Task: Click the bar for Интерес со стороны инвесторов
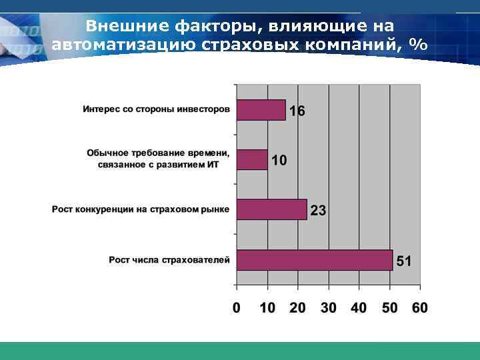[261, 109]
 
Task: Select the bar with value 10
[252, 159]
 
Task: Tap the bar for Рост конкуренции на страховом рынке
[271, 209]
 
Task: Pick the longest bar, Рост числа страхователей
[315, 259]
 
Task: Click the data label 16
[297, 111]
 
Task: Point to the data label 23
[318, 211]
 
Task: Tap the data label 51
[404, 261]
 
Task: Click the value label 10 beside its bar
[279, 161]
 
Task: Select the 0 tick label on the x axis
[236, 307]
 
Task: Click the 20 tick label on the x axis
[297, 307]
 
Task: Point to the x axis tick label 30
[328, 307]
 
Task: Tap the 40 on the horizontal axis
[359, 307]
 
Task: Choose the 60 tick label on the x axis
[419, 307]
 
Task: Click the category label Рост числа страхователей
[169, 259]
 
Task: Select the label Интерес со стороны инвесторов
[157, 109]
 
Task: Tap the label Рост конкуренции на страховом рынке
[141, 209]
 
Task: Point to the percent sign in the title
[419, 45]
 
